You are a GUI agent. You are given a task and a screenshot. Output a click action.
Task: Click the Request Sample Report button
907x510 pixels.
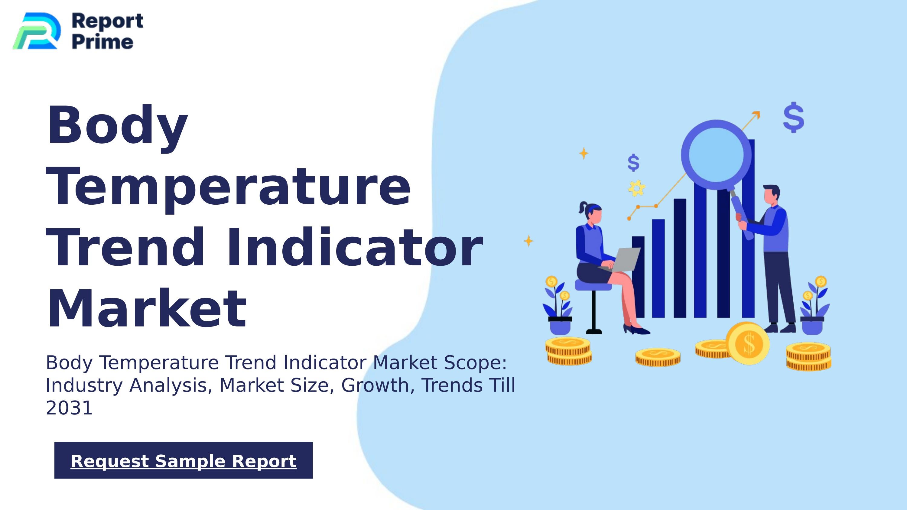(184, 460)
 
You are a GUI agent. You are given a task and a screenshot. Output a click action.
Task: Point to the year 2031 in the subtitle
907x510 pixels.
(69, 408)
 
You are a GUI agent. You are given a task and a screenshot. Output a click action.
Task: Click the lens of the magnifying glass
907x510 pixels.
(716, 155)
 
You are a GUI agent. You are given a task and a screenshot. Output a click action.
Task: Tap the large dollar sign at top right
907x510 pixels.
(794, 118)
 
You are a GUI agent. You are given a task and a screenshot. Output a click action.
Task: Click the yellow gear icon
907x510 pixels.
(637, 188)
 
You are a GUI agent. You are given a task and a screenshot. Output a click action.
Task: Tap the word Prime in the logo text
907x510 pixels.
(102, 42)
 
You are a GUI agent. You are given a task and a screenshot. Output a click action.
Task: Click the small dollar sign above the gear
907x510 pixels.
(633, 163)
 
